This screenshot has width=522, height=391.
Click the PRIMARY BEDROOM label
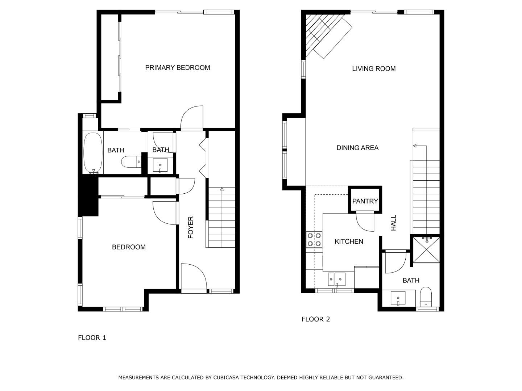coord(178,68)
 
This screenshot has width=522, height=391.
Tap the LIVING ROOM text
coord(374,69)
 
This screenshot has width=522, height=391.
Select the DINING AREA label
coord(357,148)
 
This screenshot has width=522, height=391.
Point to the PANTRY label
coord(365,201)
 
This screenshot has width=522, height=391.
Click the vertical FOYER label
coord(191,227)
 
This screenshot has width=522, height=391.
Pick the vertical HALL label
coord(394,223)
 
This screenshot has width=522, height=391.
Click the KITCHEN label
coord(349,241)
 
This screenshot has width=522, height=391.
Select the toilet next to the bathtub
coord(131,161)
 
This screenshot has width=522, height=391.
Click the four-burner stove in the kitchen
coord(314,239)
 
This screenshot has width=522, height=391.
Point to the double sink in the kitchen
coord(337,279)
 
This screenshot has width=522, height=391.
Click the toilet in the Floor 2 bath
coord(426,296)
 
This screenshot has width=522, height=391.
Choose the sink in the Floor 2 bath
coord(398,298)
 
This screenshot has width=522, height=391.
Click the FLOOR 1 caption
coord(92,338)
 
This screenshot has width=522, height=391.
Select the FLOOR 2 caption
coord(316,319)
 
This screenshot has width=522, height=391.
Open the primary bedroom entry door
coord(192,118)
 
